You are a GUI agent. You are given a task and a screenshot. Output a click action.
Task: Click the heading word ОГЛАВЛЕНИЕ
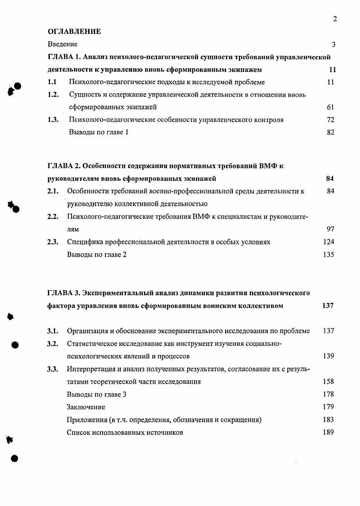[74, 32]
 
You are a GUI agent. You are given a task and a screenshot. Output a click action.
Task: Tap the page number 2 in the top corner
[335, 19]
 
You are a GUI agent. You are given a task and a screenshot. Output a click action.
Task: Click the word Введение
[62, 44]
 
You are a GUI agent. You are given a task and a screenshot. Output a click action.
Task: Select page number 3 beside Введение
[333, 44]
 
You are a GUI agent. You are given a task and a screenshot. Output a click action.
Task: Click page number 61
[330, 108]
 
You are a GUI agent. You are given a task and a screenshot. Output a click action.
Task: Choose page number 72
[330, 120]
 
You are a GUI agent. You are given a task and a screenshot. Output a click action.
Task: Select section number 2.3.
[53, 242]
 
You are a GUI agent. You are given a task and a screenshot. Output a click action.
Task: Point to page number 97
[330, 229]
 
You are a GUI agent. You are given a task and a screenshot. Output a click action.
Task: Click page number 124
[329, 242]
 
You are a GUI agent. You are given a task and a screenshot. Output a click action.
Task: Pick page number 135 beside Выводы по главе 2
[329, 255]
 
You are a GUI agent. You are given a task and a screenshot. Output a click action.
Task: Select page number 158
[328, 382]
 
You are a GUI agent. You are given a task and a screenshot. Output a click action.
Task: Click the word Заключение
[86, 407]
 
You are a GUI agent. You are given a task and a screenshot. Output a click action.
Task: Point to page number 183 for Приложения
[328, 420]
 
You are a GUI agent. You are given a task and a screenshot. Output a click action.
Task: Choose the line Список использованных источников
[125, 433]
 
